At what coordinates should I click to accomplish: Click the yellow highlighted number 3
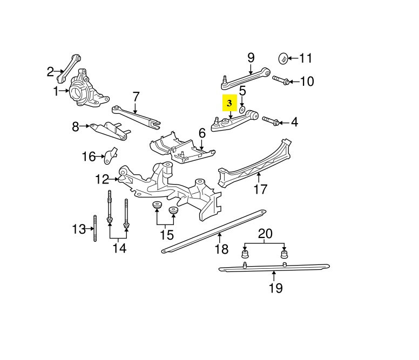tap(229, 103)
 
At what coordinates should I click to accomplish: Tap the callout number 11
tap(306, 58)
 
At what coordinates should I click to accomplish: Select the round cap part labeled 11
tap(283, 57)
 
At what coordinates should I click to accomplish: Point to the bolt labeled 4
tap(270, 121)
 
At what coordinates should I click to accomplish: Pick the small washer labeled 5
tap(242, 110)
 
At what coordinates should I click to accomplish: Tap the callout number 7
tap(136, 97)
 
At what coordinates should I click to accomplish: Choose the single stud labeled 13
tap(95, 229)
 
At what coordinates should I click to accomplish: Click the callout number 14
tap(119, 248)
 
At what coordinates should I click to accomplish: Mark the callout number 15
tap(167, 235)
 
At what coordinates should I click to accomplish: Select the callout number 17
tap(260, 189)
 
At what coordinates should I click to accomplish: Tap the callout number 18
tap(222, 249)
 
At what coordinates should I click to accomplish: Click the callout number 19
tap(275, 288)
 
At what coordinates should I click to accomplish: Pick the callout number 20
tap(266, 234)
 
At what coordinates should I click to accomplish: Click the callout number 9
tap(251, 57)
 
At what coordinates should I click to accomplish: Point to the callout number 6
tap(202, 133)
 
